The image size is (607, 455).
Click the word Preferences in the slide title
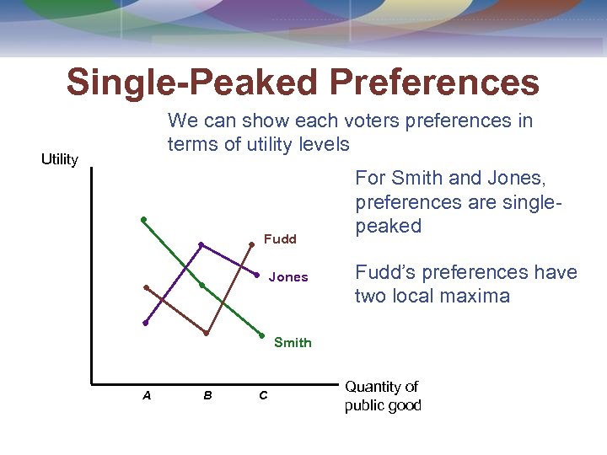click(x=434, y=83)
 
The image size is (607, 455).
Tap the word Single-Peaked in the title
click(x=193, y=83)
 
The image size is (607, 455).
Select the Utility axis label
click(x=60, y=159)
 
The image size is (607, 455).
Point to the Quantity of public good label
click(x=382, y=396)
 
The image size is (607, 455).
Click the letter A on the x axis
click(x=147, y=394)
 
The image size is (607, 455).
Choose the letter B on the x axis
click(x=207, y=394)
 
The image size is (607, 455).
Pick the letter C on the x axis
click(x=263, y=394)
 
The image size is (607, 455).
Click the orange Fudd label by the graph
click(x=280, y=239)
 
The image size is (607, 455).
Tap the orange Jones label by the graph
click(x=288, y=277)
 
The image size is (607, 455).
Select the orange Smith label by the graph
click(x=293, y=342)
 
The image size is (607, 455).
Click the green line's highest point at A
click(x=143, y=219)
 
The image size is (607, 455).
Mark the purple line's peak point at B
click(x=201, y=244)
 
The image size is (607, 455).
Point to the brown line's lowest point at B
click(x=207, y=334)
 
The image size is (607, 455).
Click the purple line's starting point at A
click(x=145, y=323)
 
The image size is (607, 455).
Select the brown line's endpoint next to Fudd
click(x=251, y=244)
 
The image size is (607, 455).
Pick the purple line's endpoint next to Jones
click(x=256, y=275)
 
